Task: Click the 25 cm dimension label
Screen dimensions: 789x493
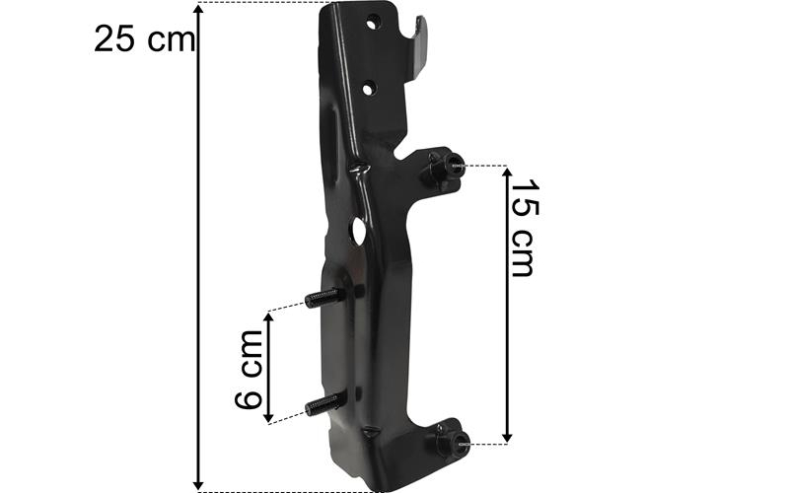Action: pos(144,39)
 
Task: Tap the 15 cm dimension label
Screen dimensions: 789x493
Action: pos(525,228)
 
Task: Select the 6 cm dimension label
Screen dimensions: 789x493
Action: pos(249,369)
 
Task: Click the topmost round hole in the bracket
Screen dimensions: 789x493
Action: pos(373,23)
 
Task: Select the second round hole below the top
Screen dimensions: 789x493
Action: pos(370,90)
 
